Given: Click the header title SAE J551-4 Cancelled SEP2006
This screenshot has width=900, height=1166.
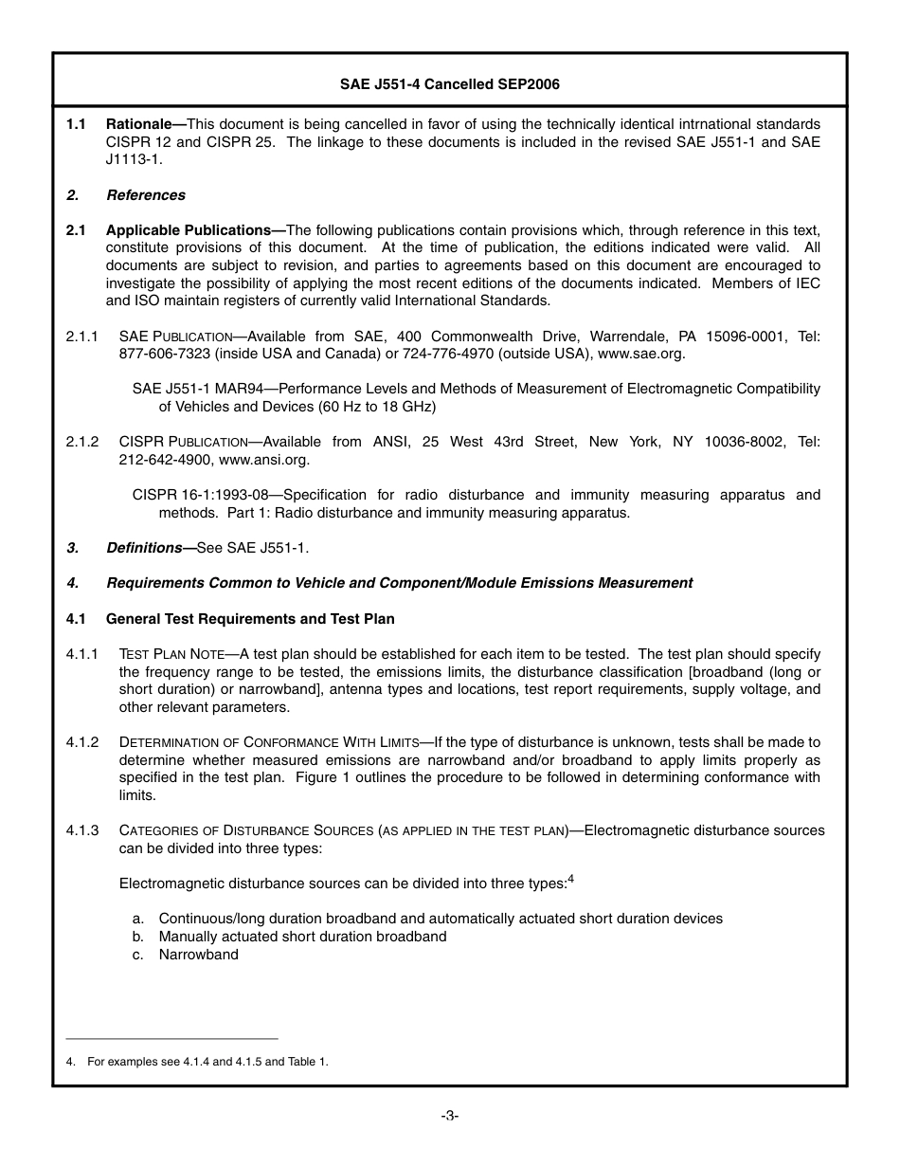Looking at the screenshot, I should point(449,84).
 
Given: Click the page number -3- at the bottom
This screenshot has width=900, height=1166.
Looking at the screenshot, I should point(450,1116).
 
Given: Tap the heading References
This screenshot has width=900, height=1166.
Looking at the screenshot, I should point(146,195).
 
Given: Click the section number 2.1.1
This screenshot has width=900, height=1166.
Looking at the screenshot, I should point(82,337).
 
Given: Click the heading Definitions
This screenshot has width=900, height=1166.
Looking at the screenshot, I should point(144,548).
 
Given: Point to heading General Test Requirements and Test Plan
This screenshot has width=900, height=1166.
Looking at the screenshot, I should point(250,619).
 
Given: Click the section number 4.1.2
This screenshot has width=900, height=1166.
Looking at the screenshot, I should point(82,742).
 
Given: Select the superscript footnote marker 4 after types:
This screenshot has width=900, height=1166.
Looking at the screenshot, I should point(571,879).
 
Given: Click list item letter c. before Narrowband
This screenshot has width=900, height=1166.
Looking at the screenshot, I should point(138,955).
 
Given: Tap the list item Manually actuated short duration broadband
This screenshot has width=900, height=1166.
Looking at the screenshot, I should point(302,937).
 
